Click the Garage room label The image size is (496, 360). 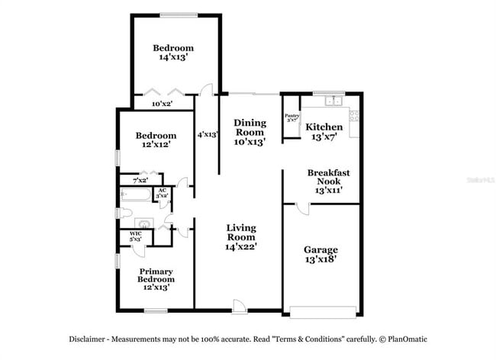tap(320, 255)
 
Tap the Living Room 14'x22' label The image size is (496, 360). tap(240, 237)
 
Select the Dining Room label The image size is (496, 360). tap(250, 131)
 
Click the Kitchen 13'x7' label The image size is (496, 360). tap(324, 131)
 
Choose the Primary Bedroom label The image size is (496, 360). tap(156, 279)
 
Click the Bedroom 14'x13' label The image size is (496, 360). tap(173, 52)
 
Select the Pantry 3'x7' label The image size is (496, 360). tap(291, 118)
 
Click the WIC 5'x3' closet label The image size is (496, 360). tap(136, 236)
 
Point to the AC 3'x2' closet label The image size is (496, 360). tap(162, 194)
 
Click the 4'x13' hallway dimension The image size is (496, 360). tap(207, 134)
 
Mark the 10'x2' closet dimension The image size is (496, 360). tap(162, 103)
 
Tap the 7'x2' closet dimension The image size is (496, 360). tap(140, 181)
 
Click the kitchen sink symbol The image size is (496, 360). tap(333, 101)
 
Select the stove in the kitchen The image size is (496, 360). tap(354, 117)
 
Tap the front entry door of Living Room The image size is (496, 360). tap(240, 305)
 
